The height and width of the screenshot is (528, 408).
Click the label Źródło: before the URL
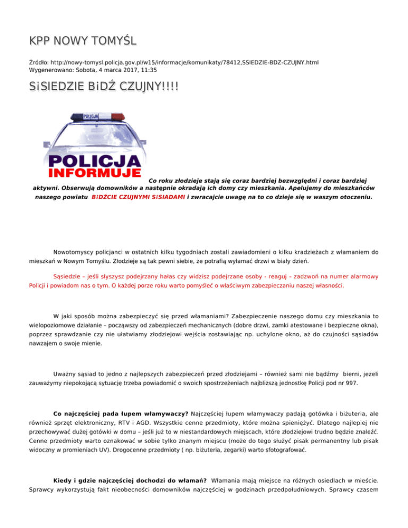click(41, 62)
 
